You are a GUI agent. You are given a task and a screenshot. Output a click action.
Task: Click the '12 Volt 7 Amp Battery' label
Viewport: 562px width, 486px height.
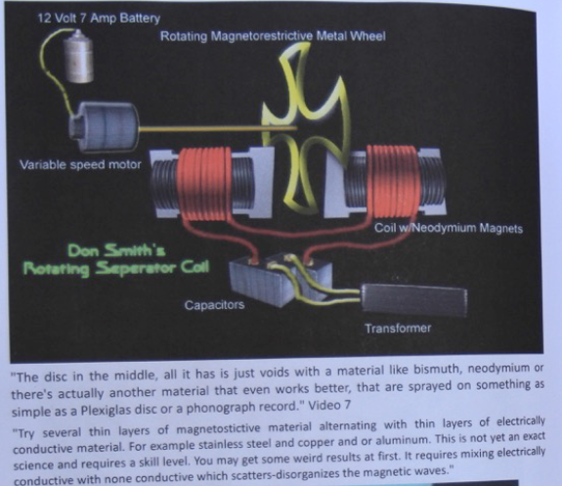99,18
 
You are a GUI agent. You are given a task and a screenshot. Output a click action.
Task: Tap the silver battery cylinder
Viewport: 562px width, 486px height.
78,57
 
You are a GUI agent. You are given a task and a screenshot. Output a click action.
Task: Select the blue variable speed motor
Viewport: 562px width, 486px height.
104,125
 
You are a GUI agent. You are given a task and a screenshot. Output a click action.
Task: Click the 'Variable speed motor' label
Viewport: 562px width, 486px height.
80,164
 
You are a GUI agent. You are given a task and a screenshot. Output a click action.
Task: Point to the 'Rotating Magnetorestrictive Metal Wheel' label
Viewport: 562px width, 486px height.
273,36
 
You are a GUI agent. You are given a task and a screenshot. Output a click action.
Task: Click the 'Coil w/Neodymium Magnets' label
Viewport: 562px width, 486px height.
449,228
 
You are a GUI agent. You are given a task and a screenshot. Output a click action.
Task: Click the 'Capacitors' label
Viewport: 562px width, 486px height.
214,305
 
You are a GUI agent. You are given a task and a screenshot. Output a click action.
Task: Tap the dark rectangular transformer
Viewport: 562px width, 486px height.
414,300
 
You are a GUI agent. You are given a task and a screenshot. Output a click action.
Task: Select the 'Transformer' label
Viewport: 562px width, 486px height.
398,329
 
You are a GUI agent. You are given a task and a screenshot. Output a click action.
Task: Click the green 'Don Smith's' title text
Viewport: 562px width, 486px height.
116,250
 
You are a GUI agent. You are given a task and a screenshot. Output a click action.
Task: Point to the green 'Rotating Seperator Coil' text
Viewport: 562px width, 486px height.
115,268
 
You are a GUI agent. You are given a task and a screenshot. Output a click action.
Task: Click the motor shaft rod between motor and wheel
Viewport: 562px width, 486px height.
218,128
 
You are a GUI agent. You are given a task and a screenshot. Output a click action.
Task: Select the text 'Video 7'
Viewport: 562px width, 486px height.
329,405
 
